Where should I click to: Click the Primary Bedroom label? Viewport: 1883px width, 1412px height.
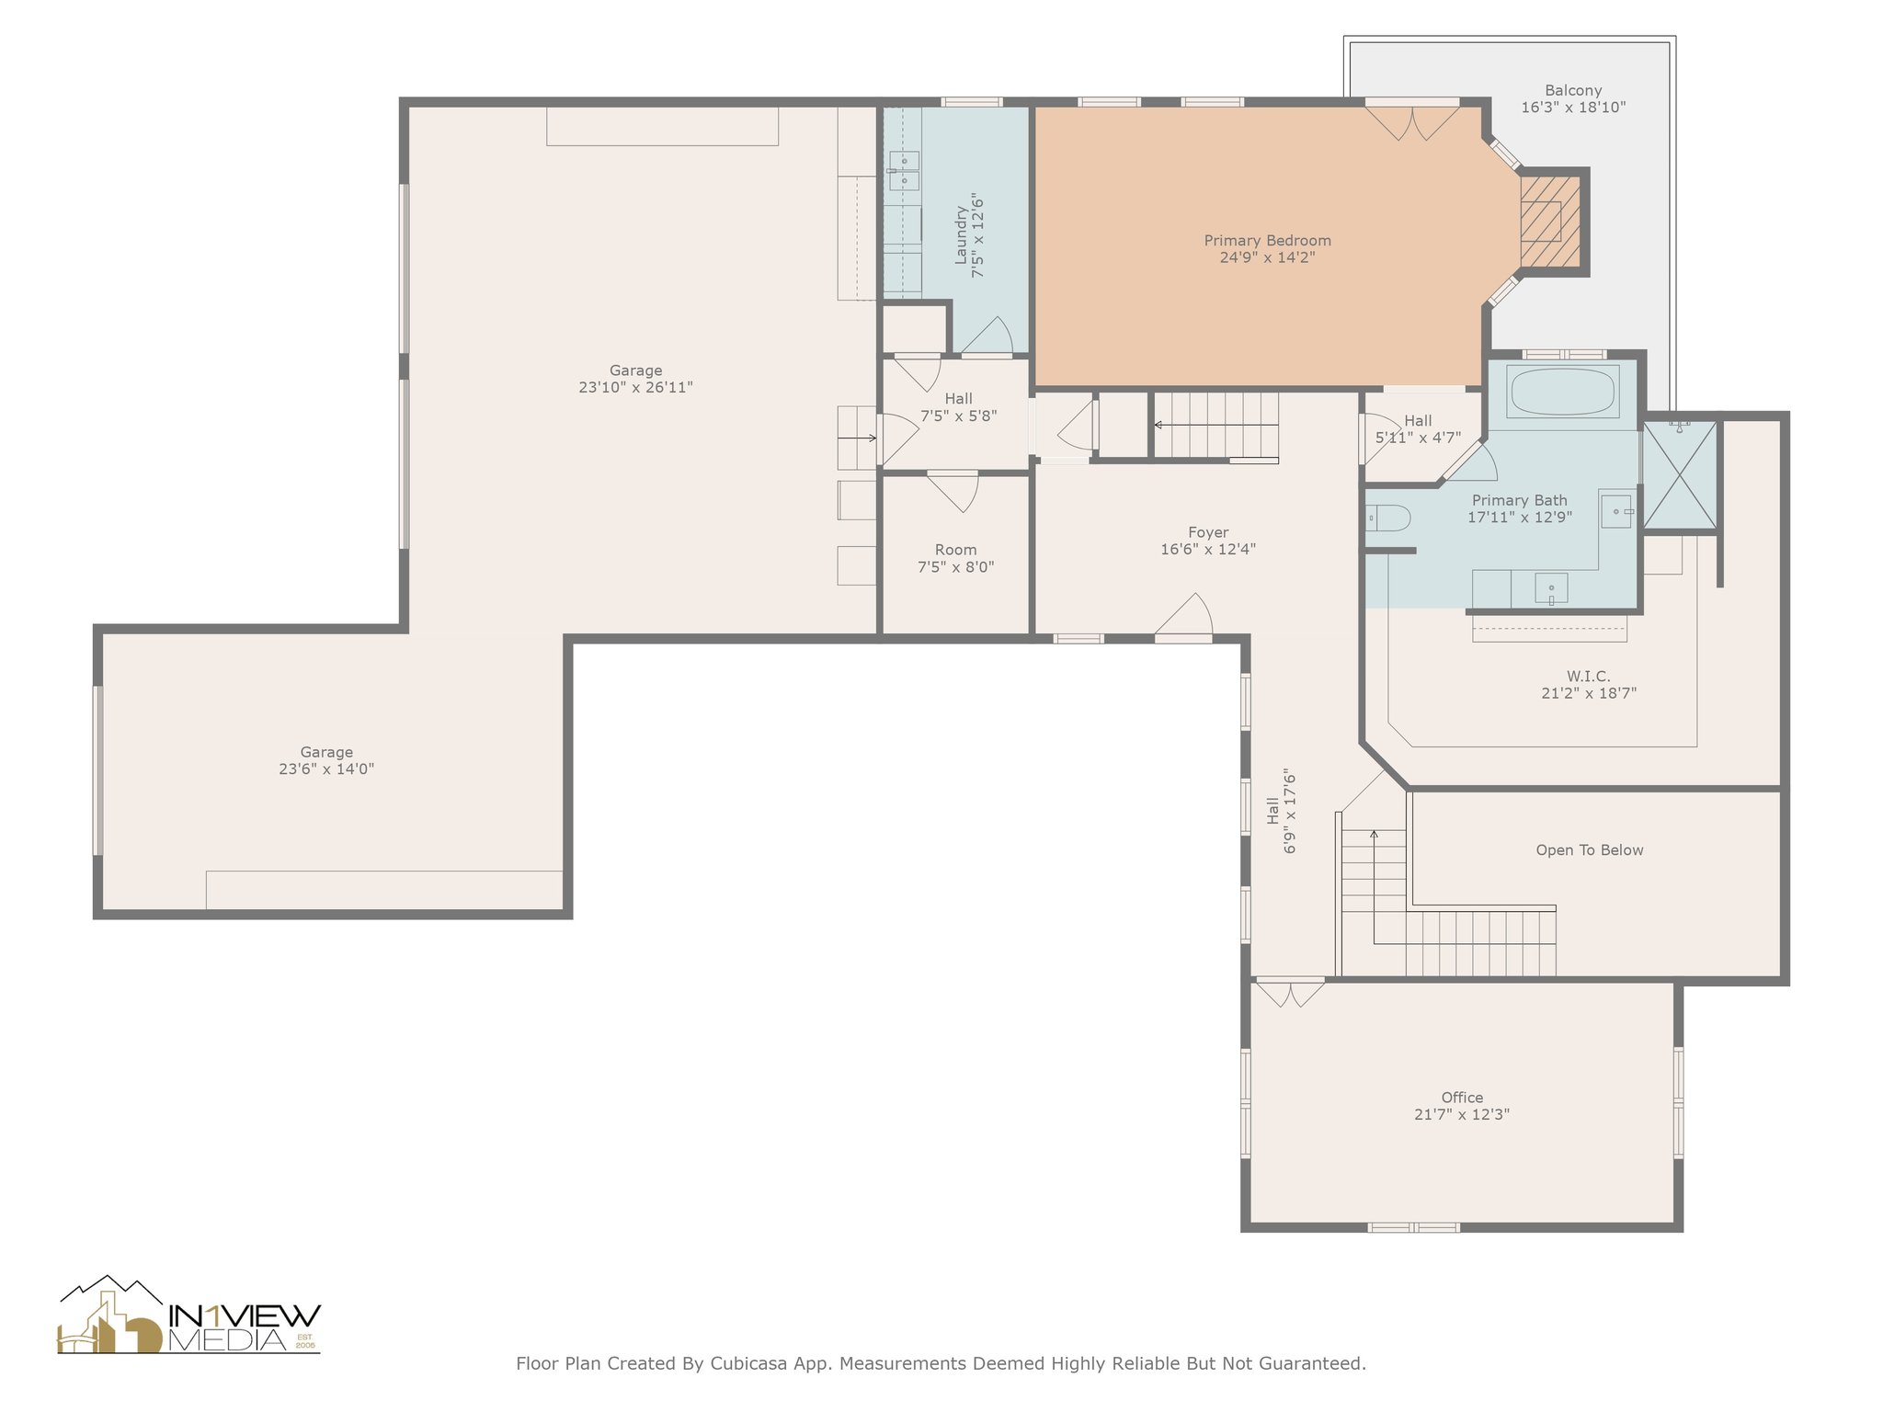[x=1267, y=241]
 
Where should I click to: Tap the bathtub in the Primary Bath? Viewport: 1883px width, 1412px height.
[x=1562, y=393]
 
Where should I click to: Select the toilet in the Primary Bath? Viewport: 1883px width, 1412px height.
[x=1387, y=518]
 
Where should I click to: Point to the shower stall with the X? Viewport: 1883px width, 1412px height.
[x=1680, y=475]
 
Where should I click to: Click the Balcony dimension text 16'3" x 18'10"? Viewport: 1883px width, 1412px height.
[x=1573, y=108]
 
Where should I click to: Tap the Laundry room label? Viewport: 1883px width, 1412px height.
[x=962, y=235]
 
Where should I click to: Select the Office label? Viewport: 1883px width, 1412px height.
[x=1462, y=1098]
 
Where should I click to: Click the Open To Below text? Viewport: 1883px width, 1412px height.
[x=1590, y=850]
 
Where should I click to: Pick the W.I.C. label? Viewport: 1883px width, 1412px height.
[x=1589, y=677]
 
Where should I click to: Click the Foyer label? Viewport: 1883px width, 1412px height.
[x=1208, y=532]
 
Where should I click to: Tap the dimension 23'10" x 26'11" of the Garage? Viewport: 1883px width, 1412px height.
[x=635, y=388]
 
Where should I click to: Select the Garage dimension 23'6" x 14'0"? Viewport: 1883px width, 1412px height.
[x=326, y=769]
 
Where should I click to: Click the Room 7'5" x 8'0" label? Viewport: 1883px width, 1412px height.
[x=956, y=558]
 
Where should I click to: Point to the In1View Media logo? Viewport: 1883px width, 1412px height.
[x=189, y=1315]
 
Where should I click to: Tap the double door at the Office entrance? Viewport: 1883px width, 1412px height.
[x=1291, y=994]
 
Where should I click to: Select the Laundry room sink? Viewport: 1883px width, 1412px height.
[x=904, y=171]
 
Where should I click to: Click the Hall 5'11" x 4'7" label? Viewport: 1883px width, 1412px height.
[x=1418, y=429]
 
